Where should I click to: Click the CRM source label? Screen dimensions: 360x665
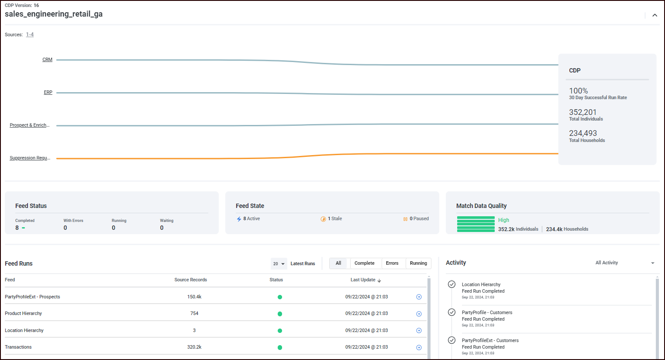47,60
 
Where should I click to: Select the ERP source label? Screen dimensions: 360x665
48,93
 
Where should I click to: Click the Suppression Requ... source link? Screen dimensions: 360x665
30,158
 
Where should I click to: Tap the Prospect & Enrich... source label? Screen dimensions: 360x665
30,125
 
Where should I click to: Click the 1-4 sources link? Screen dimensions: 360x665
30,35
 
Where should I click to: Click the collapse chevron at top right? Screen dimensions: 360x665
655,15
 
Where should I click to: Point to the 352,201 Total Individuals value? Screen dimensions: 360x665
582,112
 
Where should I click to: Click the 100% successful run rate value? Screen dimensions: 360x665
578,91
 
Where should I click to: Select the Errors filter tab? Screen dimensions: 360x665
392,263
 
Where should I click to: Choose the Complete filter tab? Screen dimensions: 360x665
364,263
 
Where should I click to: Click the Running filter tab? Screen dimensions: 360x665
418,263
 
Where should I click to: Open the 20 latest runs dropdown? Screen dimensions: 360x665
279,264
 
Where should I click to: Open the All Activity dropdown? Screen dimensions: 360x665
624,263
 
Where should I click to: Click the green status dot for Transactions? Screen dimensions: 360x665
280,348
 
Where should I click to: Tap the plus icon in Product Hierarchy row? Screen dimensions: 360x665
419,314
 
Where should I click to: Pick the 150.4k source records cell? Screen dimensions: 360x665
194,297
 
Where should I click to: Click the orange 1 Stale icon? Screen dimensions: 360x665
323,219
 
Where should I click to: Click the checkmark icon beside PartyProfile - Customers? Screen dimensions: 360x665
452,312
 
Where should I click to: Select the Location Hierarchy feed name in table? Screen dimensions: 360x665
24,331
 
